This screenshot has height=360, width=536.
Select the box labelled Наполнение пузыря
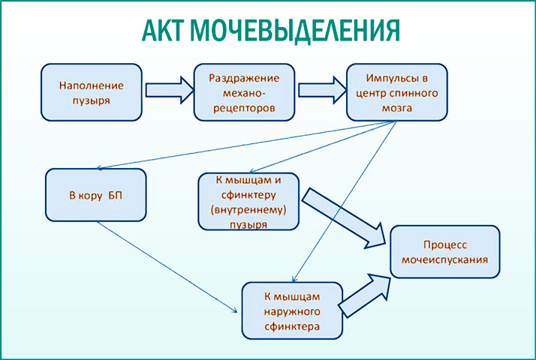tap(91, 92)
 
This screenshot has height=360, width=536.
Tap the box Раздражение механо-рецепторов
tap(244, 92)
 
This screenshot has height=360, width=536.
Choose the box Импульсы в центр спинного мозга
tap(396, 92)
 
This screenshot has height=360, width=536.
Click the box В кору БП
tap(95, 195)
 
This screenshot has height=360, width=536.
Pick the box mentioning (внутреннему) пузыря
tap(248, 201)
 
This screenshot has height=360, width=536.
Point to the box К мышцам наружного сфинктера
tap(292, 309)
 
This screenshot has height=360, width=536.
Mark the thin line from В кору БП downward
tap(165, 263)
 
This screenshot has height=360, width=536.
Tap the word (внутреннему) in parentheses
tap(248, 210)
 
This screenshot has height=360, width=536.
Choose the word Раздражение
tap(244, 78)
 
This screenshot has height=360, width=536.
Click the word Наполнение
tap(91, 85)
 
